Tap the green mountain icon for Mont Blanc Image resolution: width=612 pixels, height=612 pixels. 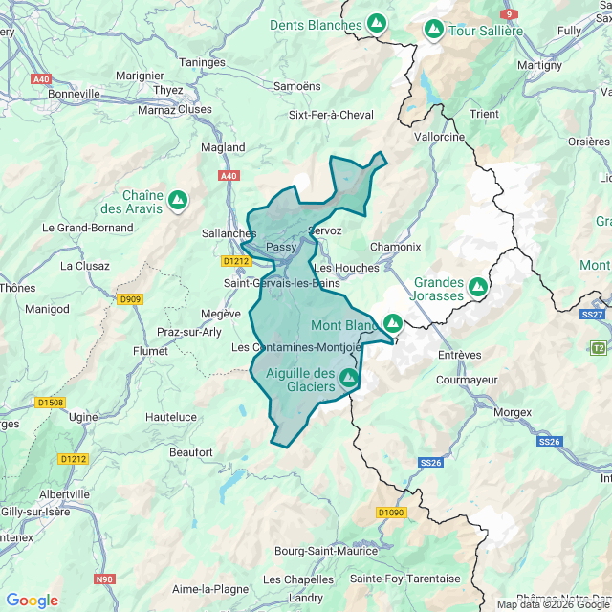pyautogui.click(x=392, y=323)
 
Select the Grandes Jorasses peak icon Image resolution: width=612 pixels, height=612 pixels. pyautogui.click(x=477, y=285)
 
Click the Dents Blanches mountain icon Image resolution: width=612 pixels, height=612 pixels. pyautogui.click(x=377, y=22)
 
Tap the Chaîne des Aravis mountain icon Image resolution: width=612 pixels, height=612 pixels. pyautogui.click(x=177, y=200)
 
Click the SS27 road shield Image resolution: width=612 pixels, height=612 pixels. pyautogui.click(x=593, y=314)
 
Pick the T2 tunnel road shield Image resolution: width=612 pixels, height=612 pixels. pyautogui.click(x=599, y=347)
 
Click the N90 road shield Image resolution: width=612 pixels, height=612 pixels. pyautogui.click(x=103, y=579)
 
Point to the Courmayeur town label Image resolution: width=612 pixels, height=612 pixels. pyautogui.click(x=468, y=380)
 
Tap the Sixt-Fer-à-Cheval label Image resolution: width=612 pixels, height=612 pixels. pyautogui.click(x=331, y=115)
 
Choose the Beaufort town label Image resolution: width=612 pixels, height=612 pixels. pyautogui.click(x=190, y=451)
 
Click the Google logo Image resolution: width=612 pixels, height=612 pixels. pyautogui.click(x=32, y=601)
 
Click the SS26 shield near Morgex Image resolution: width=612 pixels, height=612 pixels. pyautogui.click(x=549, y=441)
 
